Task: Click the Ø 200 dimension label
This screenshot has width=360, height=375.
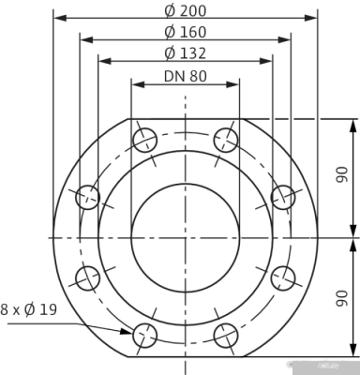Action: pyautogui.click(x=186, y=10)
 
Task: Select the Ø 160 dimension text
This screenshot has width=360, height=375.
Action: pyautogui.click(x=186, y=32)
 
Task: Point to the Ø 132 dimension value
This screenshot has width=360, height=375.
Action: pyautogui.click(x=186, y=53)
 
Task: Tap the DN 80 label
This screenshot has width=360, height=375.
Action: pyautogui.click(x=185, y=76)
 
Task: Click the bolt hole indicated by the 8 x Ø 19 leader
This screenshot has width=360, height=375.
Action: pyautogui.click(x=144, y=334)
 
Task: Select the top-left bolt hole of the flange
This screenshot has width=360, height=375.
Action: pyautogui.click(x=144, y=141)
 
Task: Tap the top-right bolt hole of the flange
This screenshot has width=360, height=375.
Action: pyautogui.click(x=226, y=141)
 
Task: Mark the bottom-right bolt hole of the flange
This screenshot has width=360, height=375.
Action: pyautogui.click(x=226, y=334)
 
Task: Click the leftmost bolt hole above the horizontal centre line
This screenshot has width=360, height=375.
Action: pyautogui.click(x=88, y=197)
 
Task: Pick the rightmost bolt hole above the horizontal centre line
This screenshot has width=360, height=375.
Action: pyautogui.click(x=283, y=197)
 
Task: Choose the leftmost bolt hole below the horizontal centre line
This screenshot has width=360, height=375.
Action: pyautogui.click(x=88, y=277)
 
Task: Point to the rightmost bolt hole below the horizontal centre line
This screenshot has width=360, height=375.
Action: pyautogui.click(x=283, y=277)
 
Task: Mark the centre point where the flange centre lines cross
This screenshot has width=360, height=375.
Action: pyautogui.click(x=186, y=237)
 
